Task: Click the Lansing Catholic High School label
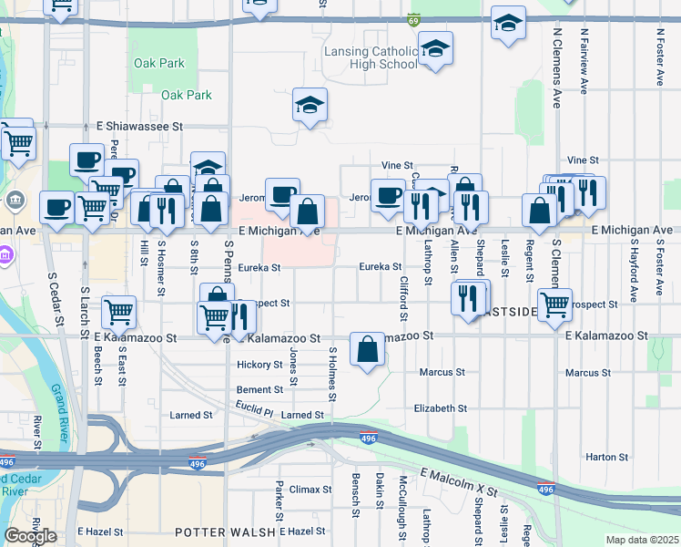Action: click(x=371, y=57)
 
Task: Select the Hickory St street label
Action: click(x=259, y=365)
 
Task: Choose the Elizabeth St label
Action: click(x=440, y=408)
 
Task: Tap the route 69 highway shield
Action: click(x=414, y=18)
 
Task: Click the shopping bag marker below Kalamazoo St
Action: click(x=367, y=350)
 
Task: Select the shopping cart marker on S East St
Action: click(x=119, y=312)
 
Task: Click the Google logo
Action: click(x=30, y=536)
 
